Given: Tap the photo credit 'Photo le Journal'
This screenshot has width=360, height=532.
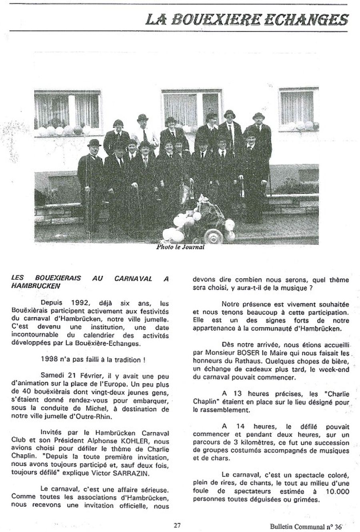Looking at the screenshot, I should point(180,247).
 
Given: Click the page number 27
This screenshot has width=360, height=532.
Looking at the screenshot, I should point(178,525).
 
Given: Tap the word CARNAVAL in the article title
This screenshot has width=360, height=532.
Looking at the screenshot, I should point(133,279).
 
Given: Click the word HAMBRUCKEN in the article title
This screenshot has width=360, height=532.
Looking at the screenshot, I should point(36,286).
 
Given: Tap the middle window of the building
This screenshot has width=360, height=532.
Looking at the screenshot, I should point(191,107).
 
